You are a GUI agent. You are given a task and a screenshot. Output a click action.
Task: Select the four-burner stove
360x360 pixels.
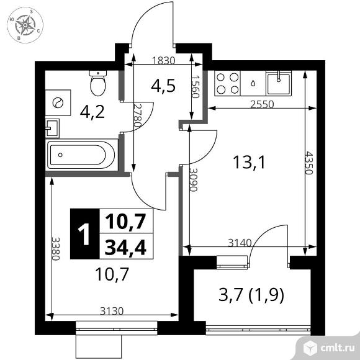[x=227, y=83]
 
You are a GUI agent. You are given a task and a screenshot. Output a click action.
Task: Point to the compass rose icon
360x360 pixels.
[x=26, y=26]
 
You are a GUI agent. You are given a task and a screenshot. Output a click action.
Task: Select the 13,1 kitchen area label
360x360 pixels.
[x=245, y=163]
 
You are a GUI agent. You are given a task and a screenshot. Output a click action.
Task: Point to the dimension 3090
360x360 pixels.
[x=194, y=180]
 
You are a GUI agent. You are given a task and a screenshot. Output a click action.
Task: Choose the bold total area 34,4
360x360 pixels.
[x=125, y=248]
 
